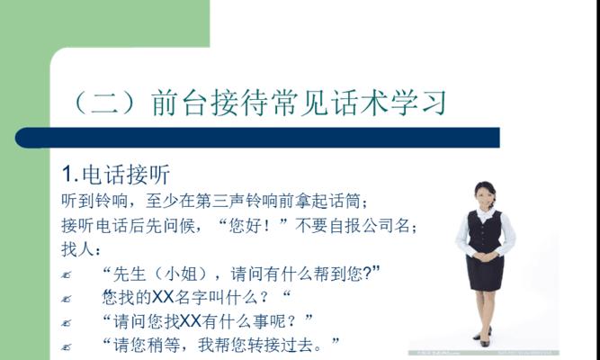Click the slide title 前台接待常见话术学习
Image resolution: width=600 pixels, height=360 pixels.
point(300,103)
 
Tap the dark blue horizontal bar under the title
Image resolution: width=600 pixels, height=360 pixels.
point(257,138)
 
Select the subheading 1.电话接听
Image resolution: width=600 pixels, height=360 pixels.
point(116,175)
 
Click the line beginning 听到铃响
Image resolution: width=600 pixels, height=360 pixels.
point(214,201)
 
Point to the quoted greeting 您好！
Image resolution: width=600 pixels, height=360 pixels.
point(253,226)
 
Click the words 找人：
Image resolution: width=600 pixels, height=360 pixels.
point(81,250)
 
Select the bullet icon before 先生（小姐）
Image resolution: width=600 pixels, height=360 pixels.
point(67,275)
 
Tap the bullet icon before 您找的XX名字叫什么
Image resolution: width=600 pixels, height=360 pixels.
point(67,299)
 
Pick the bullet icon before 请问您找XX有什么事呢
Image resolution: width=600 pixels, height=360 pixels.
point(67,323)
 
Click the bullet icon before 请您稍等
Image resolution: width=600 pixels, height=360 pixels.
point(67,347)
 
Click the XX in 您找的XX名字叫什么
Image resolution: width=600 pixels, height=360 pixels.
point(163,298)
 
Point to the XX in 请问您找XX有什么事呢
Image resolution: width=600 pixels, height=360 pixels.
point(191,321)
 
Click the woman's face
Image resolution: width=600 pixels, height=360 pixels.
point(484,195)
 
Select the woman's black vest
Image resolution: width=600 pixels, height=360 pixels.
point(485,230)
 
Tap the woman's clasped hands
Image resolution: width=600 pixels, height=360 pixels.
point(485,256)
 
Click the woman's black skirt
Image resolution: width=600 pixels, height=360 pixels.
point(485,273)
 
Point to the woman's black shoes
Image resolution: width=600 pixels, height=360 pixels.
point(484,337)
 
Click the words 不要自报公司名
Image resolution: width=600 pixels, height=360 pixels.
point(353,226)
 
